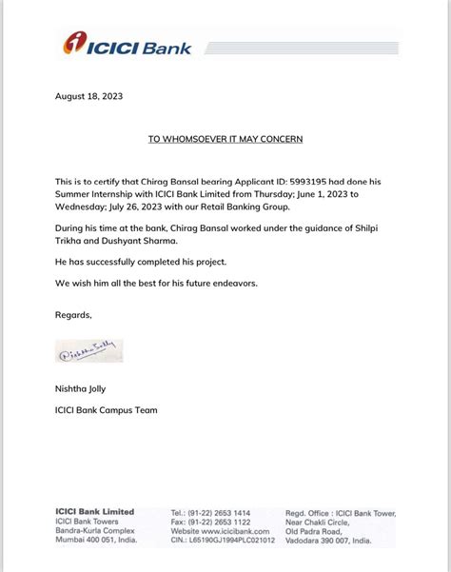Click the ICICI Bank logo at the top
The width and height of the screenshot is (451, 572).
[127, 44]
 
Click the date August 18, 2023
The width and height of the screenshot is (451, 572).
[89, 97]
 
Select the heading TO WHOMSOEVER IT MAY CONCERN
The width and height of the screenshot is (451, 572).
[225, 139]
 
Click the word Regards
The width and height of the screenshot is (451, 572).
[74, 314]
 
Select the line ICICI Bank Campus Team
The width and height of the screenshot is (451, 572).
[107, 410]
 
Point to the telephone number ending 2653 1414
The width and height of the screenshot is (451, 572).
[211, 512]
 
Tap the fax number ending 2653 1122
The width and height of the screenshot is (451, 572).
[212, 522]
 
